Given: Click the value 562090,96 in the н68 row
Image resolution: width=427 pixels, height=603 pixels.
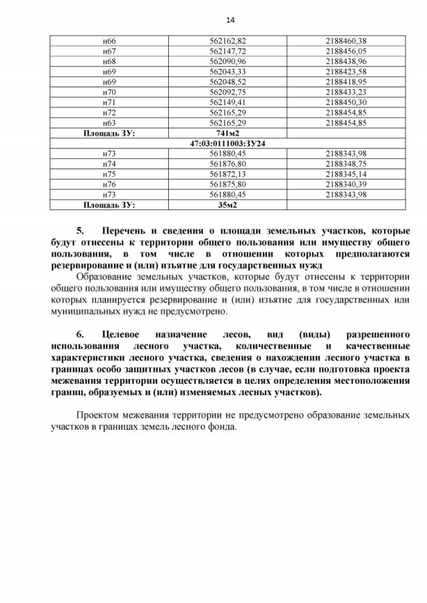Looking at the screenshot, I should tap(228, 61).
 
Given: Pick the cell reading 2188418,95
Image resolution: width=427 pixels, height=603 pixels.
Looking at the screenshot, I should tap(346, 82).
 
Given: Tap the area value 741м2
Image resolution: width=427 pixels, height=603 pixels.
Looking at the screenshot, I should tap(228, 133).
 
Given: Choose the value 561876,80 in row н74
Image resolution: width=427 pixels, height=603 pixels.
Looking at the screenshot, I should tap(228, 164).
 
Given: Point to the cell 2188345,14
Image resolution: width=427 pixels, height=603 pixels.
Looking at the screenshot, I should tap(346, 174).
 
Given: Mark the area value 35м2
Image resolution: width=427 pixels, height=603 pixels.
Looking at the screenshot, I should tap(228, 205).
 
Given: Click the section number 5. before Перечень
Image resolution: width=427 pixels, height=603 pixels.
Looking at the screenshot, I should tap(81, 231).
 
